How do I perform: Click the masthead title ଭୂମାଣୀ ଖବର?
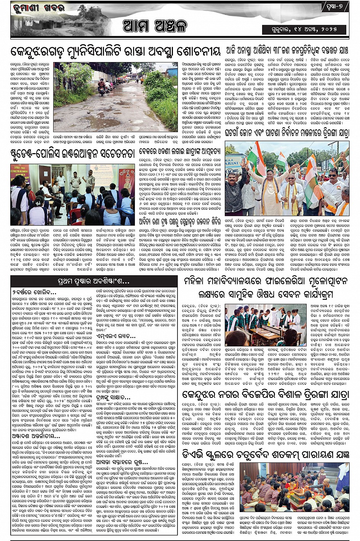tap(38, 8)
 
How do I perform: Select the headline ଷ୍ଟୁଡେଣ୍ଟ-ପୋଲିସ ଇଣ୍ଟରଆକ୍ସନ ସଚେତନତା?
tap(72, 153)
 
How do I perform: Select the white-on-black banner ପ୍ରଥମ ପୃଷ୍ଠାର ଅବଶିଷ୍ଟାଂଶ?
tap(94, 282)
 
